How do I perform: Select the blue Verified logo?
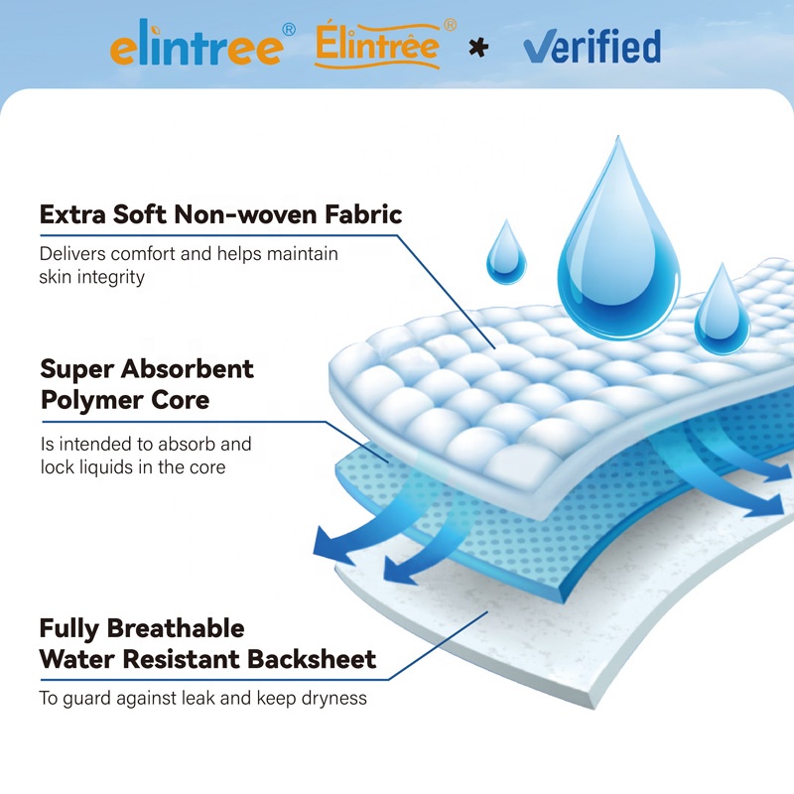592,46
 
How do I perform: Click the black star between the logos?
478,46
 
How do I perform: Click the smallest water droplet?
505,254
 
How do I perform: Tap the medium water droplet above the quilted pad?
722,313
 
